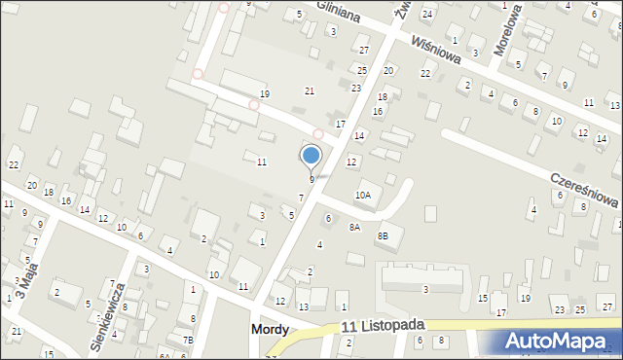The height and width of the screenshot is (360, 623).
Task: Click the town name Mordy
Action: point(269,330)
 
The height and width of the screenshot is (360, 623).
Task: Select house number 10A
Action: point(363,196)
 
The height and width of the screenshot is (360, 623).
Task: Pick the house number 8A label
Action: point(354,227)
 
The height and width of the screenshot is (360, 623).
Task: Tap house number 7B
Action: point(188,340)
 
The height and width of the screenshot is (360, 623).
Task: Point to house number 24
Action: point(426,12)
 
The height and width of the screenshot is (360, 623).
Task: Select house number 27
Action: point(364,50)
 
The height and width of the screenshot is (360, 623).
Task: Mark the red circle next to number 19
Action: point(253,105)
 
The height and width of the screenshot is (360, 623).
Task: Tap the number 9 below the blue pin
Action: point(311,179)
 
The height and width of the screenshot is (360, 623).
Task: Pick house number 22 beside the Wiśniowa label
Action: point(424,74)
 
